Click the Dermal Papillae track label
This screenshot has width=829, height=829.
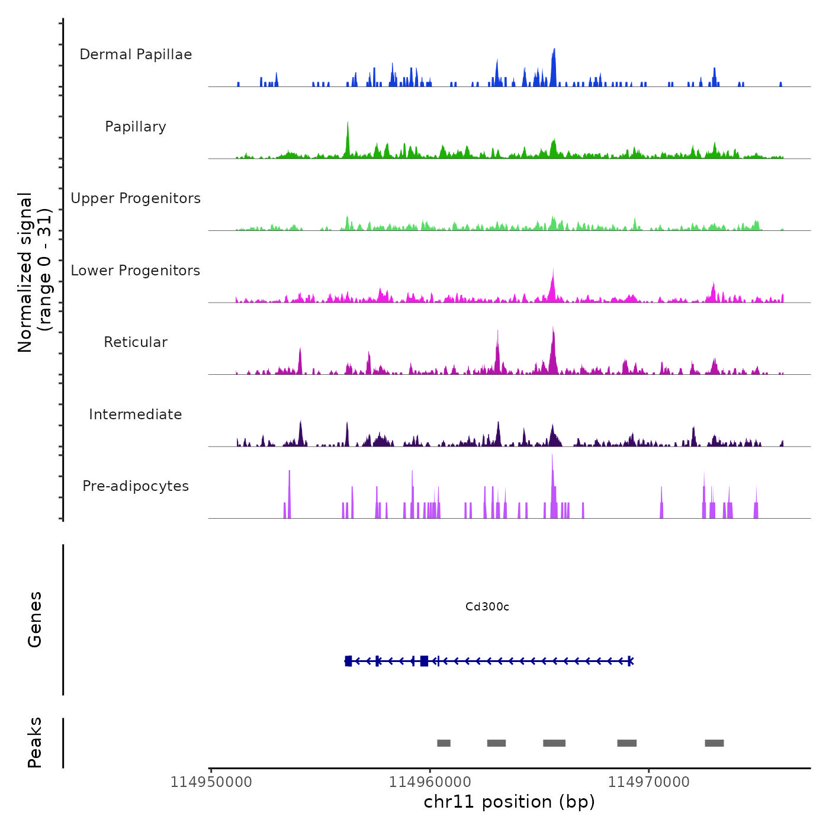136,54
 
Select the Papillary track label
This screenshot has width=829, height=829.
136,127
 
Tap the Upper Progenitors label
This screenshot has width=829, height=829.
136,198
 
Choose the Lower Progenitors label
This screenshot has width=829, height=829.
136,271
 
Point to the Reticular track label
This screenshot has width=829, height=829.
136,342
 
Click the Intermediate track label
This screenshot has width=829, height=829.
136,415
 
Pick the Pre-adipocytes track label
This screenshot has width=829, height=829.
136,486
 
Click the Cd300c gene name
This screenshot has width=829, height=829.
487,607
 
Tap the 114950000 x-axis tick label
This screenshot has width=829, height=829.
211,782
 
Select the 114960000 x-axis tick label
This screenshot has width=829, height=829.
430,782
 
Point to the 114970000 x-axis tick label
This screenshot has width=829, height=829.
649,782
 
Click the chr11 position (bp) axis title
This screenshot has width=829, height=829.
509,802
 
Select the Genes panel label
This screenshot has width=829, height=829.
35,619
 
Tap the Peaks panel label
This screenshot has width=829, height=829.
35,743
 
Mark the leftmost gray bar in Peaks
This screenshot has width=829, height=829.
444,743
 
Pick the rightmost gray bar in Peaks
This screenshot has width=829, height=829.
714,743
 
